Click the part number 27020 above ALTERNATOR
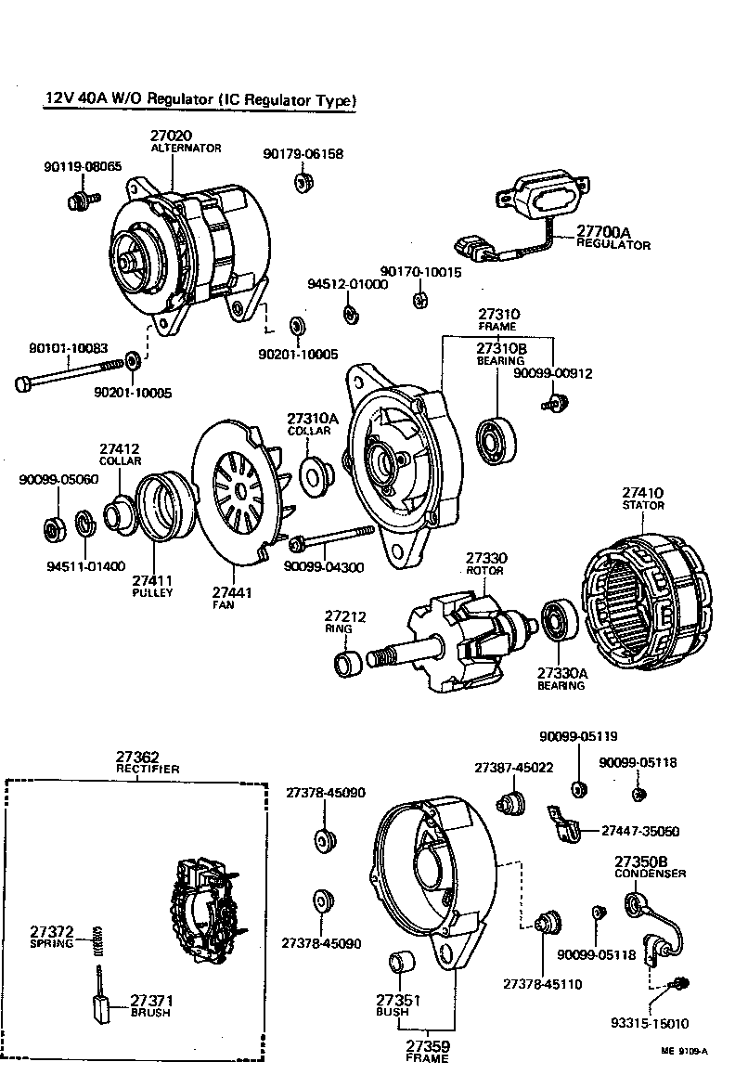[x=172, y=136]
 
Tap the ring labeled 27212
[x=348, y=664]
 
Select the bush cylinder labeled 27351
[x=402, y=966]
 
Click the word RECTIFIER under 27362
[x=148, y=770]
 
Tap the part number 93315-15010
[x=650, y=1023]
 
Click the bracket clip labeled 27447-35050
[x=563, y=825]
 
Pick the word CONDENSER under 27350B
[x=651, y=874]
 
